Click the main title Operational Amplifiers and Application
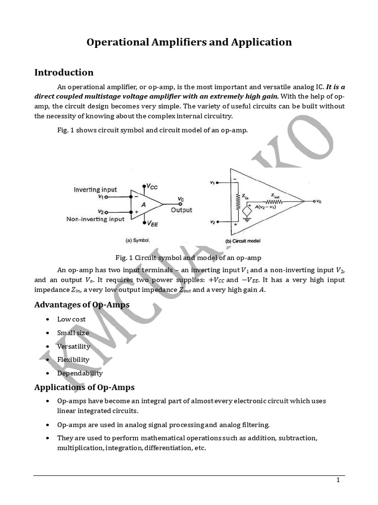189,42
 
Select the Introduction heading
63,72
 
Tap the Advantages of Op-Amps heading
82,304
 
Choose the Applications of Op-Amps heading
84,387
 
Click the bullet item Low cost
71,319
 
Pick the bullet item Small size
73,333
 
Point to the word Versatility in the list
74,346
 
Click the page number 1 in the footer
338,480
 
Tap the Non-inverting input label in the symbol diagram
95,219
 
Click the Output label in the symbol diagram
181,210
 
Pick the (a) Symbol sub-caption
138,240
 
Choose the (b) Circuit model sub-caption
243,241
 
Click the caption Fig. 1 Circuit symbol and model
188,257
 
